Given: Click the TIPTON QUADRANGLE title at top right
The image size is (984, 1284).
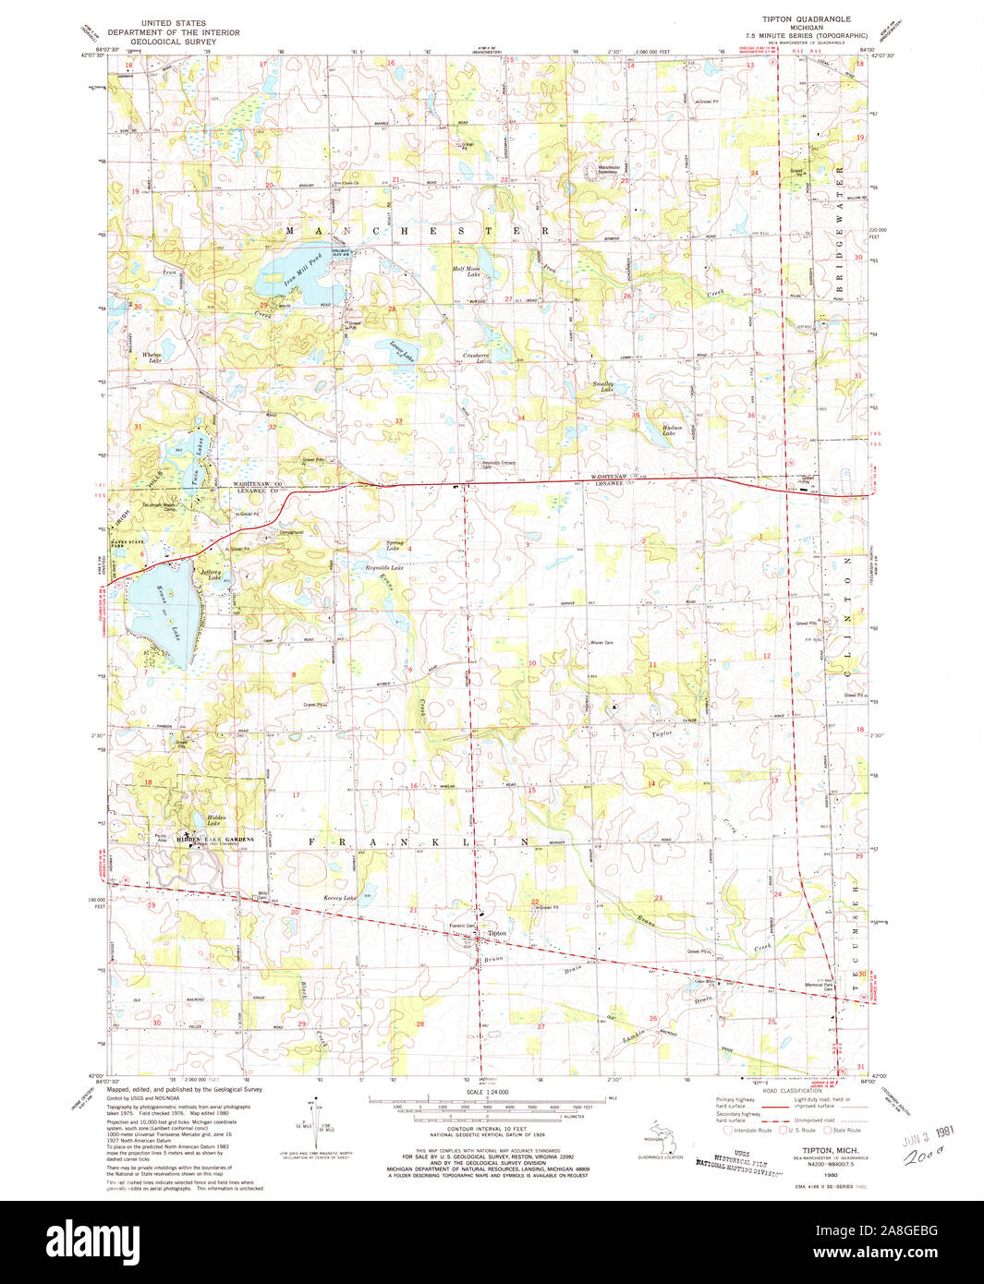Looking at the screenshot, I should tap(806, 18).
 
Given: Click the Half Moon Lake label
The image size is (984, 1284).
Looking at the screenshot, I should tap(466, 272).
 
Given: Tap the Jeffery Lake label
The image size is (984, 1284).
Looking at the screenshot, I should tap(211, 573).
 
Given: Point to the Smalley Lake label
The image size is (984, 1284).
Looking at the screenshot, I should tap(602, 387).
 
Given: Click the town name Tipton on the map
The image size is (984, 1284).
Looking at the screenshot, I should tap(497, 934).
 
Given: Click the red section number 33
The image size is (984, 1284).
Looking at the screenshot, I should tap(399, 421).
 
